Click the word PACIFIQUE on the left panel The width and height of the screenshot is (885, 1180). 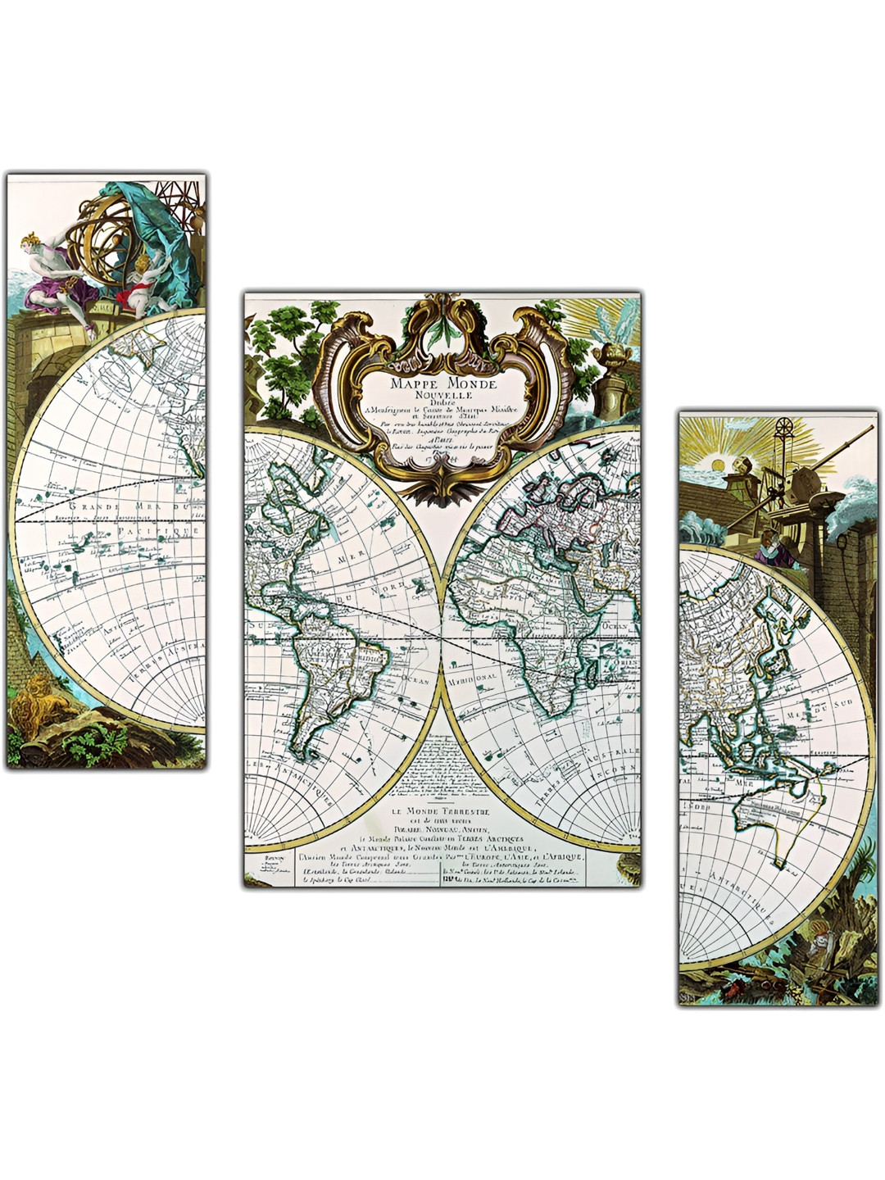click(156, 532)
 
